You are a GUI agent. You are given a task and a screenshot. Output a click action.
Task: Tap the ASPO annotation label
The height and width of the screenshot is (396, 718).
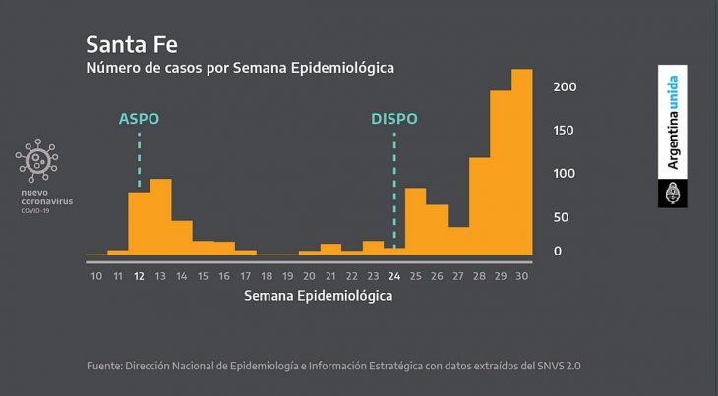coord(139,119)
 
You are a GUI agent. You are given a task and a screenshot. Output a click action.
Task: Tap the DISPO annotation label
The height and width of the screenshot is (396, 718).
coord(393,119)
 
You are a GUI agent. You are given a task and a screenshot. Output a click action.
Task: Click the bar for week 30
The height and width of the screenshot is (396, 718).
coord(521,162)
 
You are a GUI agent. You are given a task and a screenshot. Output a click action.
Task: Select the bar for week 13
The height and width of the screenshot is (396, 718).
coord(160,217)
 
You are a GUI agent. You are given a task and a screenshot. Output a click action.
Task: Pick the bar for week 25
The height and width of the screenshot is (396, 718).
coord(415,221)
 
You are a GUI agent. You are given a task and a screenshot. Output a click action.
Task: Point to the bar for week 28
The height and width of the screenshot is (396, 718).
coord(479,206)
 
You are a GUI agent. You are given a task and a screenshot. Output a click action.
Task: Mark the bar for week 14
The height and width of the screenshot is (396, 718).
coord(182,238)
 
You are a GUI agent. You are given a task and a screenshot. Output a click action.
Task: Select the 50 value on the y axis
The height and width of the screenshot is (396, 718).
coord(561,217)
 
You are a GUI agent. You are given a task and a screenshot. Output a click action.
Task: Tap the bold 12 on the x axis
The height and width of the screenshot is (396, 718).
coord(139,276)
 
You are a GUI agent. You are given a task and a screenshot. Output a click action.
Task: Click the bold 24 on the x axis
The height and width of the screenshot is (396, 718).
coord(393,276)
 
